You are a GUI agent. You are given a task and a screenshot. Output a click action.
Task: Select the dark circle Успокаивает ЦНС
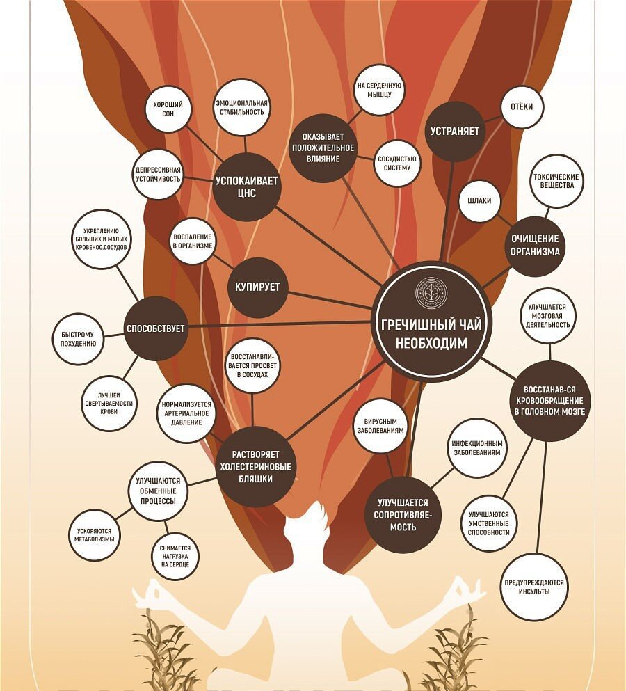pos(246,186)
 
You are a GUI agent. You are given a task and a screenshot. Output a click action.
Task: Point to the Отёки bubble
pos(522,107)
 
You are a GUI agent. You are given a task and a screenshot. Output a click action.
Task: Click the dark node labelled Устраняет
pos(454,131)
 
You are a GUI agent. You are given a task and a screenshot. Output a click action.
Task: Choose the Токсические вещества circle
pos(556,181)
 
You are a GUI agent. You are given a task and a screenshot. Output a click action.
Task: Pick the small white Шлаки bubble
pos(480,200)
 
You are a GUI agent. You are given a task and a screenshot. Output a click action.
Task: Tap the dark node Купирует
pos(258,287)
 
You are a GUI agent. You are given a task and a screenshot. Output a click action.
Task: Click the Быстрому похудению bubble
pos(78,339)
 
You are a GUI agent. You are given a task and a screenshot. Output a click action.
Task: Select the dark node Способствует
pos(155,328)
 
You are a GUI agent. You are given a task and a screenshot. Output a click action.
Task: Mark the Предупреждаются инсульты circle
pos(533,587)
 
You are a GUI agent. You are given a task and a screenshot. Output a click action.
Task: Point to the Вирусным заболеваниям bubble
pos(380,426)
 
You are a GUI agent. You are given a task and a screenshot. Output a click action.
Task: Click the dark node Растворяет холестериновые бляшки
pos(255,466)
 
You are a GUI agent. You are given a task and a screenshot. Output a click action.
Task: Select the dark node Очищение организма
pos(535,245)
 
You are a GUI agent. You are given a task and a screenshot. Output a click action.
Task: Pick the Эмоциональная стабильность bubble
pos(241,106)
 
